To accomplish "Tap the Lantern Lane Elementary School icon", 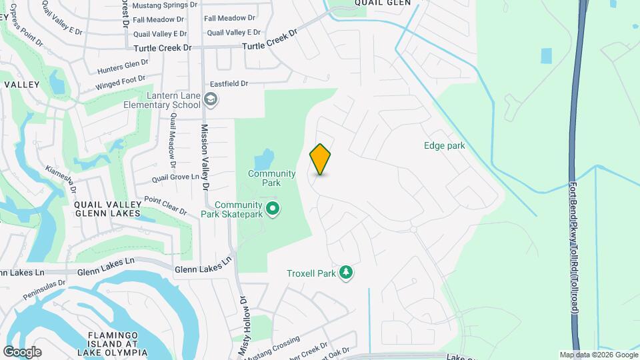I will [x=211, y=100].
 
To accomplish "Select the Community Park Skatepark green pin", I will [x=272, y=209].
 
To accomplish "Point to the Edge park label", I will [x=444, y=145].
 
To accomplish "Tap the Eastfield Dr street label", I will [x=229, y=84].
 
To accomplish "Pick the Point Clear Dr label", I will [x=165, y=205].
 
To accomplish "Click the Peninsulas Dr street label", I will [x=43, y=290].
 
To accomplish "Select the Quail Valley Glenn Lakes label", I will [x=108, y=209].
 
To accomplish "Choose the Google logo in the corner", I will [x=22, y=351].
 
